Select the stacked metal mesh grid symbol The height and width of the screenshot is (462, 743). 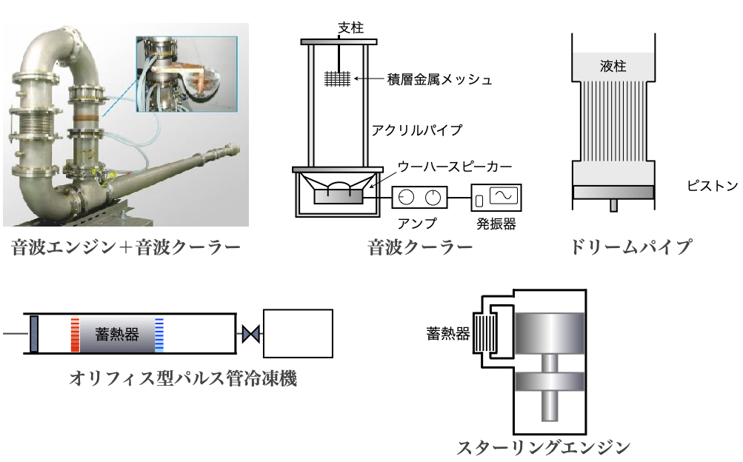tap(338, 78)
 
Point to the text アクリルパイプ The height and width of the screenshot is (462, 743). tap(417, 130)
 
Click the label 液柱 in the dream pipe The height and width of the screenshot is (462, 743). tap(613, 67)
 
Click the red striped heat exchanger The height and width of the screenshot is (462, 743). tap(75, 335)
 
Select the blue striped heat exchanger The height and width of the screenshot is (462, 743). tap(159, 335)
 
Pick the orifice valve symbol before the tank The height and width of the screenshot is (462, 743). tap(250, 335)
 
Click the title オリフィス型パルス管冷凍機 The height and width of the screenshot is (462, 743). tap(182, 379)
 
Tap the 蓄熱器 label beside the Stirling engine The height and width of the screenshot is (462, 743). tap(448, 333)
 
